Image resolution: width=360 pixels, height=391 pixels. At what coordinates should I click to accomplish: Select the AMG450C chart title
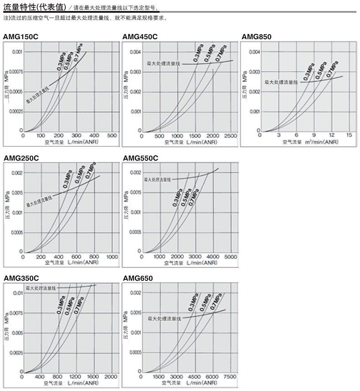(140, 36)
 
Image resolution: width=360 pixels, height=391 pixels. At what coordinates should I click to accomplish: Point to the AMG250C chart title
(21, 158)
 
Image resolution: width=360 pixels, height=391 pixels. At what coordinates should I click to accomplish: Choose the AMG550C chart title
(140, 158)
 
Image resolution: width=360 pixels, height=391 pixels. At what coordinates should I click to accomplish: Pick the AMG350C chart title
(21, 278)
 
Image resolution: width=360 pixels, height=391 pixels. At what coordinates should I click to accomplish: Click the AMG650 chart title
(138, 278)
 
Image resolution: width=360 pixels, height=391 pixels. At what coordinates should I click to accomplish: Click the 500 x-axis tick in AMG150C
(112, 135)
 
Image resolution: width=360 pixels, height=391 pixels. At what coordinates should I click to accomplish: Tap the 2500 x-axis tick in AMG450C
(231, 135)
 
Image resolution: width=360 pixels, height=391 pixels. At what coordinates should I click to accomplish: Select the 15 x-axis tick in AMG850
(349, 135)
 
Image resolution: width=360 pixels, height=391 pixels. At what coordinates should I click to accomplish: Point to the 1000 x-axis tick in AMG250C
(112, 257)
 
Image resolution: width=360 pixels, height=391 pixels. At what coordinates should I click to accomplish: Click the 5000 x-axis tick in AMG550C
(231, 257)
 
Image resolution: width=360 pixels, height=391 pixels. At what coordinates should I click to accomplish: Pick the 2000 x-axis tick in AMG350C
(111, 377)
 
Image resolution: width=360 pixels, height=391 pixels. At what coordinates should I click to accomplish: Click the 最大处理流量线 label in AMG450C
(163, 63)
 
